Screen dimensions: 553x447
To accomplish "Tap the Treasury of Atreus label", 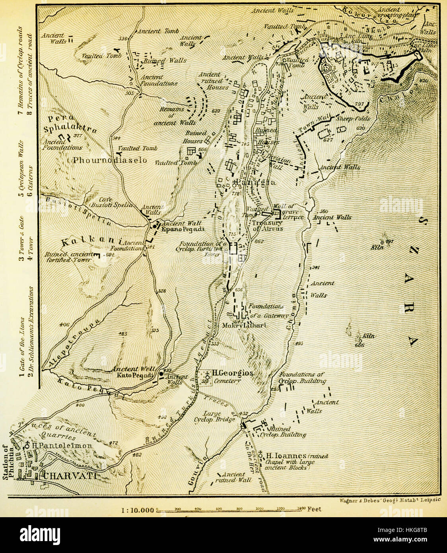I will [x=268, y=226].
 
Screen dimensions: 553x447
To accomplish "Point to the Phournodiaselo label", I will [x=110, y=160].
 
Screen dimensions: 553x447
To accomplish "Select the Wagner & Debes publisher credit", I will [x=389, y=500].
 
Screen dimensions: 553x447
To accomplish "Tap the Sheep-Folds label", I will [x=353, y=119].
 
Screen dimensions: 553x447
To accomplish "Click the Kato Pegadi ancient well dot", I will [x=161, y=374].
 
